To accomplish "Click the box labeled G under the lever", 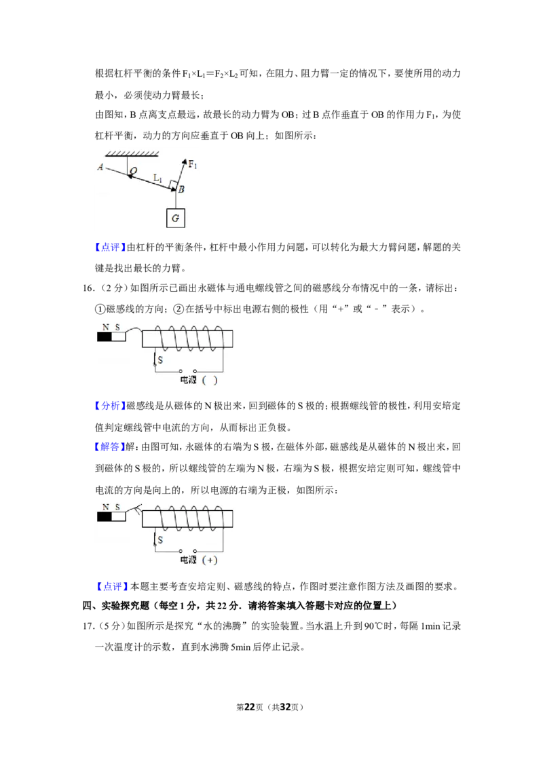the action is [176, 218].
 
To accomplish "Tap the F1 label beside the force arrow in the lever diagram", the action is [193, 165].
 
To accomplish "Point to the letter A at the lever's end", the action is [100, 167].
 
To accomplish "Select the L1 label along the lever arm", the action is [157, 178].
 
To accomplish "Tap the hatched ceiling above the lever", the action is [132, 154].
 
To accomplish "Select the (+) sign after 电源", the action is [210, 560].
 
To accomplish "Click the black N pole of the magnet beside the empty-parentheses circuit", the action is [104, 337].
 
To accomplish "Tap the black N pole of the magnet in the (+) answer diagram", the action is [104, 517].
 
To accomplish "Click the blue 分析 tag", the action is [110, 406].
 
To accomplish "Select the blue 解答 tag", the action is [110, 446].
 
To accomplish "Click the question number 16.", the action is [88, 288].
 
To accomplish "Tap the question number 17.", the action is [88, 626].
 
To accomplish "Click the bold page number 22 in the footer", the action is [250, 707].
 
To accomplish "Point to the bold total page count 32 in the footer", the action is [285, 707].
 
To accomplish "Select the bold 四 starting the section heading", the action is [88, 606].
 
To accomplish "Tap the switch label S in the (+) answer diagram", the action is [160, 540].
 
